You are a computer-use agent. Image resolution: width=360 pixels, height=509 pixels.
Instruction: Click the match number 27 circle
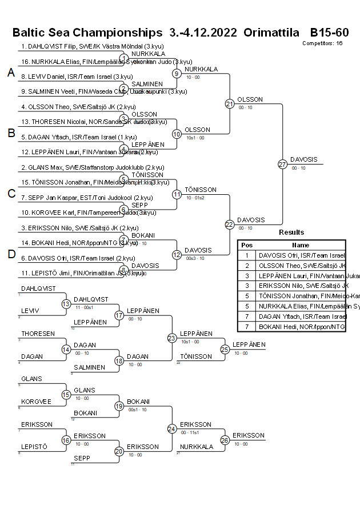[282, 164]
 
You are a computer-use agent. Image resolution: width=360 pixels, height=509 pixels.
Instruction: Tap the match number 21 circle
[230, 104]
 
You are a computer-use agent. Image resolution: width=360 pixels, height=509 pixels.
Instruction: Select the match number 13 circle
[66, 304]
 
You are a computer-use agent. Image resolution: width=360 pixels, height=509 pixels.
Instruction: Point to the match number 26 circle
[225, 440]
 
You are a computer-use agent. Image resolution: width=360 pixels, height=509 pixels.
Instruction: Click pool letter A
[10, 73]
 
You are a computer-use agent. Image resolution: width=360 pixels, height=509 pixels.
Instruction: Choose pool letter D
[10, 254]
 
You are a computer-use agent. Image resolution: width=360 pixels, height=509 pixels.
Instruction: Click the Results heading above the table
[291, 233]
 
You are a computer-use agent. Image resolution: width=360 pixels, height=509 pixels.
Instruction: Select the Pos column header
[246, 245]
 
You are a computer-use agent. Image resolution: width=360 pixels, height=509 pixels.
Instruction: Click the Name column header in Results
[301, 245]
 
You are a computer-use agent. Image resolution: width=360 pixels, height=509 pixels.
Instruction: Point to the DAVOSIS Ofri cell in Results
[301, 255]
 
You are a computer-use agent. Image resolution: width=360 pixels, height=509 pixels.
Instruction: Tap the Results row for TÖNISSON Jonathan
[301, 296]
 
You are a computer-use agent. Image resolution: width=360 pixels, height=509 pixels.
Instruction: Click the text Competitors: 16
[322, 43]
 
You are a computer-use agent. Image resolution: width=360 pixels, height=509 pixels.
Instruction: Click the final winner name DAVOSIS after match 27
[304, 159]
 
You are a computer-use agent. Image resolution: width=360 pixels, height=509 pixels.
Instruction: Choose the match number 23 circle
[171, 338]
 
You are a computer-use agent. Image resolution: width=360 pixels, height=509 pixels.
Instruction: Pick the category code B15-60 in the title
[329, 33]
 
